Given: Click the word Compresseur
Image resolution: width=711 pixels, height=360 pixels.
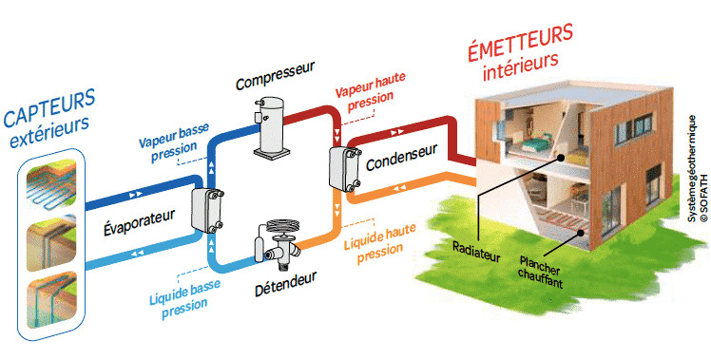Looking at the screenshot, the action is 275,76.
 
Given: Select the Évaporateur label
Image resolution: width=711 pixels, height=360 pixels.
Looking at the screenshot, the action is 139,221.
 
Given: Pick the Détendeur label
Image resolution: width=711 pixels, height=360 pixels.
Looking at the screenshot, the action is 285,284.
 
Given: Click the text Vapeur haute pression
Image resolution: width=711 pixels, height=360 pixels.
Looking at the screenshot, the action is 371,92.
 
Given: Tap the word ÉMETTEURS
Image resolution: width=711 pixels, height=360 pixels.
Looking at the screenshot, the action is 520,43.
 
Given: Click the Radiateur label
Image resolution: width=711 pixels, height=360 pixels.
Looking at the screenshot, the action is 476,252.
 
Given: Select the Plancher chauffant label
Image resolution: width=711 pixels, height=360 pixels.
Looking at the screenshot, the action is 540,273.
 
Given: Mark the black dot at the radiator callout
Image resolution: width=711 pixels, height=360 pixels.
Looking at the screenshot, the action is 561,158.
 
